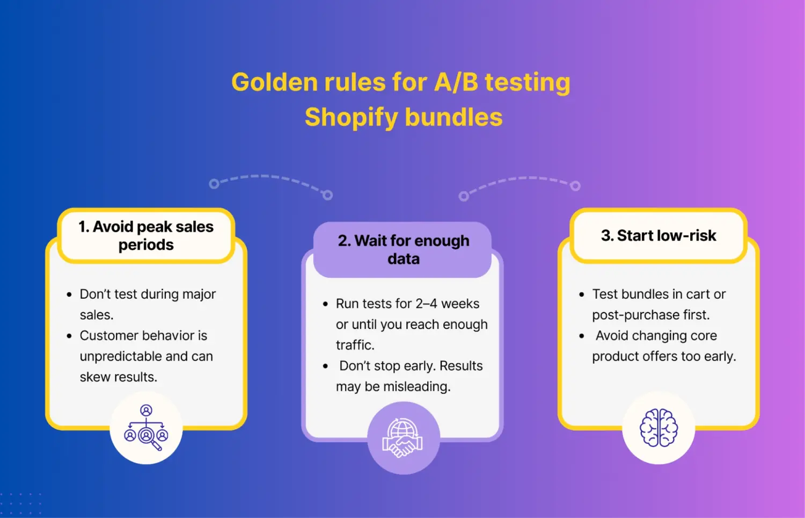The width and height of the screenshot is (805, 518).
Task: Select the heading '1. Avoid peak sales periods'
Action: point(146,235)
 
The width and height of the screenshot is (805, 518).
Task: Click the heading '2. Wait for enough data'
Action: point(404,249)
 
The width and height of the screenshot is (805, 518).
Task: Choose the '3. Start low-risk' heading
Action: point(658,235)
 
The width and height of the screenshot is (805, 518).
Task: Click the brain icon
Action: point(658,428)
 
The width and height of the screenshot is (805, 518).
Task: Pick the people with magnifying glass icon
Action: point(146,428)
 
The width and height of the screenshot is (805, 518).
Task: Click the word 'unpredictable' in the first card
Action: point(113,356)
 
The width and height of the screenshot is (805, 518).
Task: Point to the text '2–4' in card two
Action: point(426,304)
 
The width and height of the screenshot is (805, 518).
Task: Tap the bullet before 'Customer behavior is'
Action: point(69,336)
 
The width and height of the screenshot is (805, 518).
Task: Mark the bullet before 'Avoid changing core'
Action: point(582,336)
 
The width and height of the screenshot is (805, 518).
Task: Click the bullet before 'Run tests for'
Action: point(325,304)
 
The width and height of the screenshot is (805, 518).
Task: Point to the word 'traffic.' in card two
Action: point(355,345)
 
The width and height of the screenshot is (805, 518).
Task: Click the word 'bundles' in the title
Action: point(453,118)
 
